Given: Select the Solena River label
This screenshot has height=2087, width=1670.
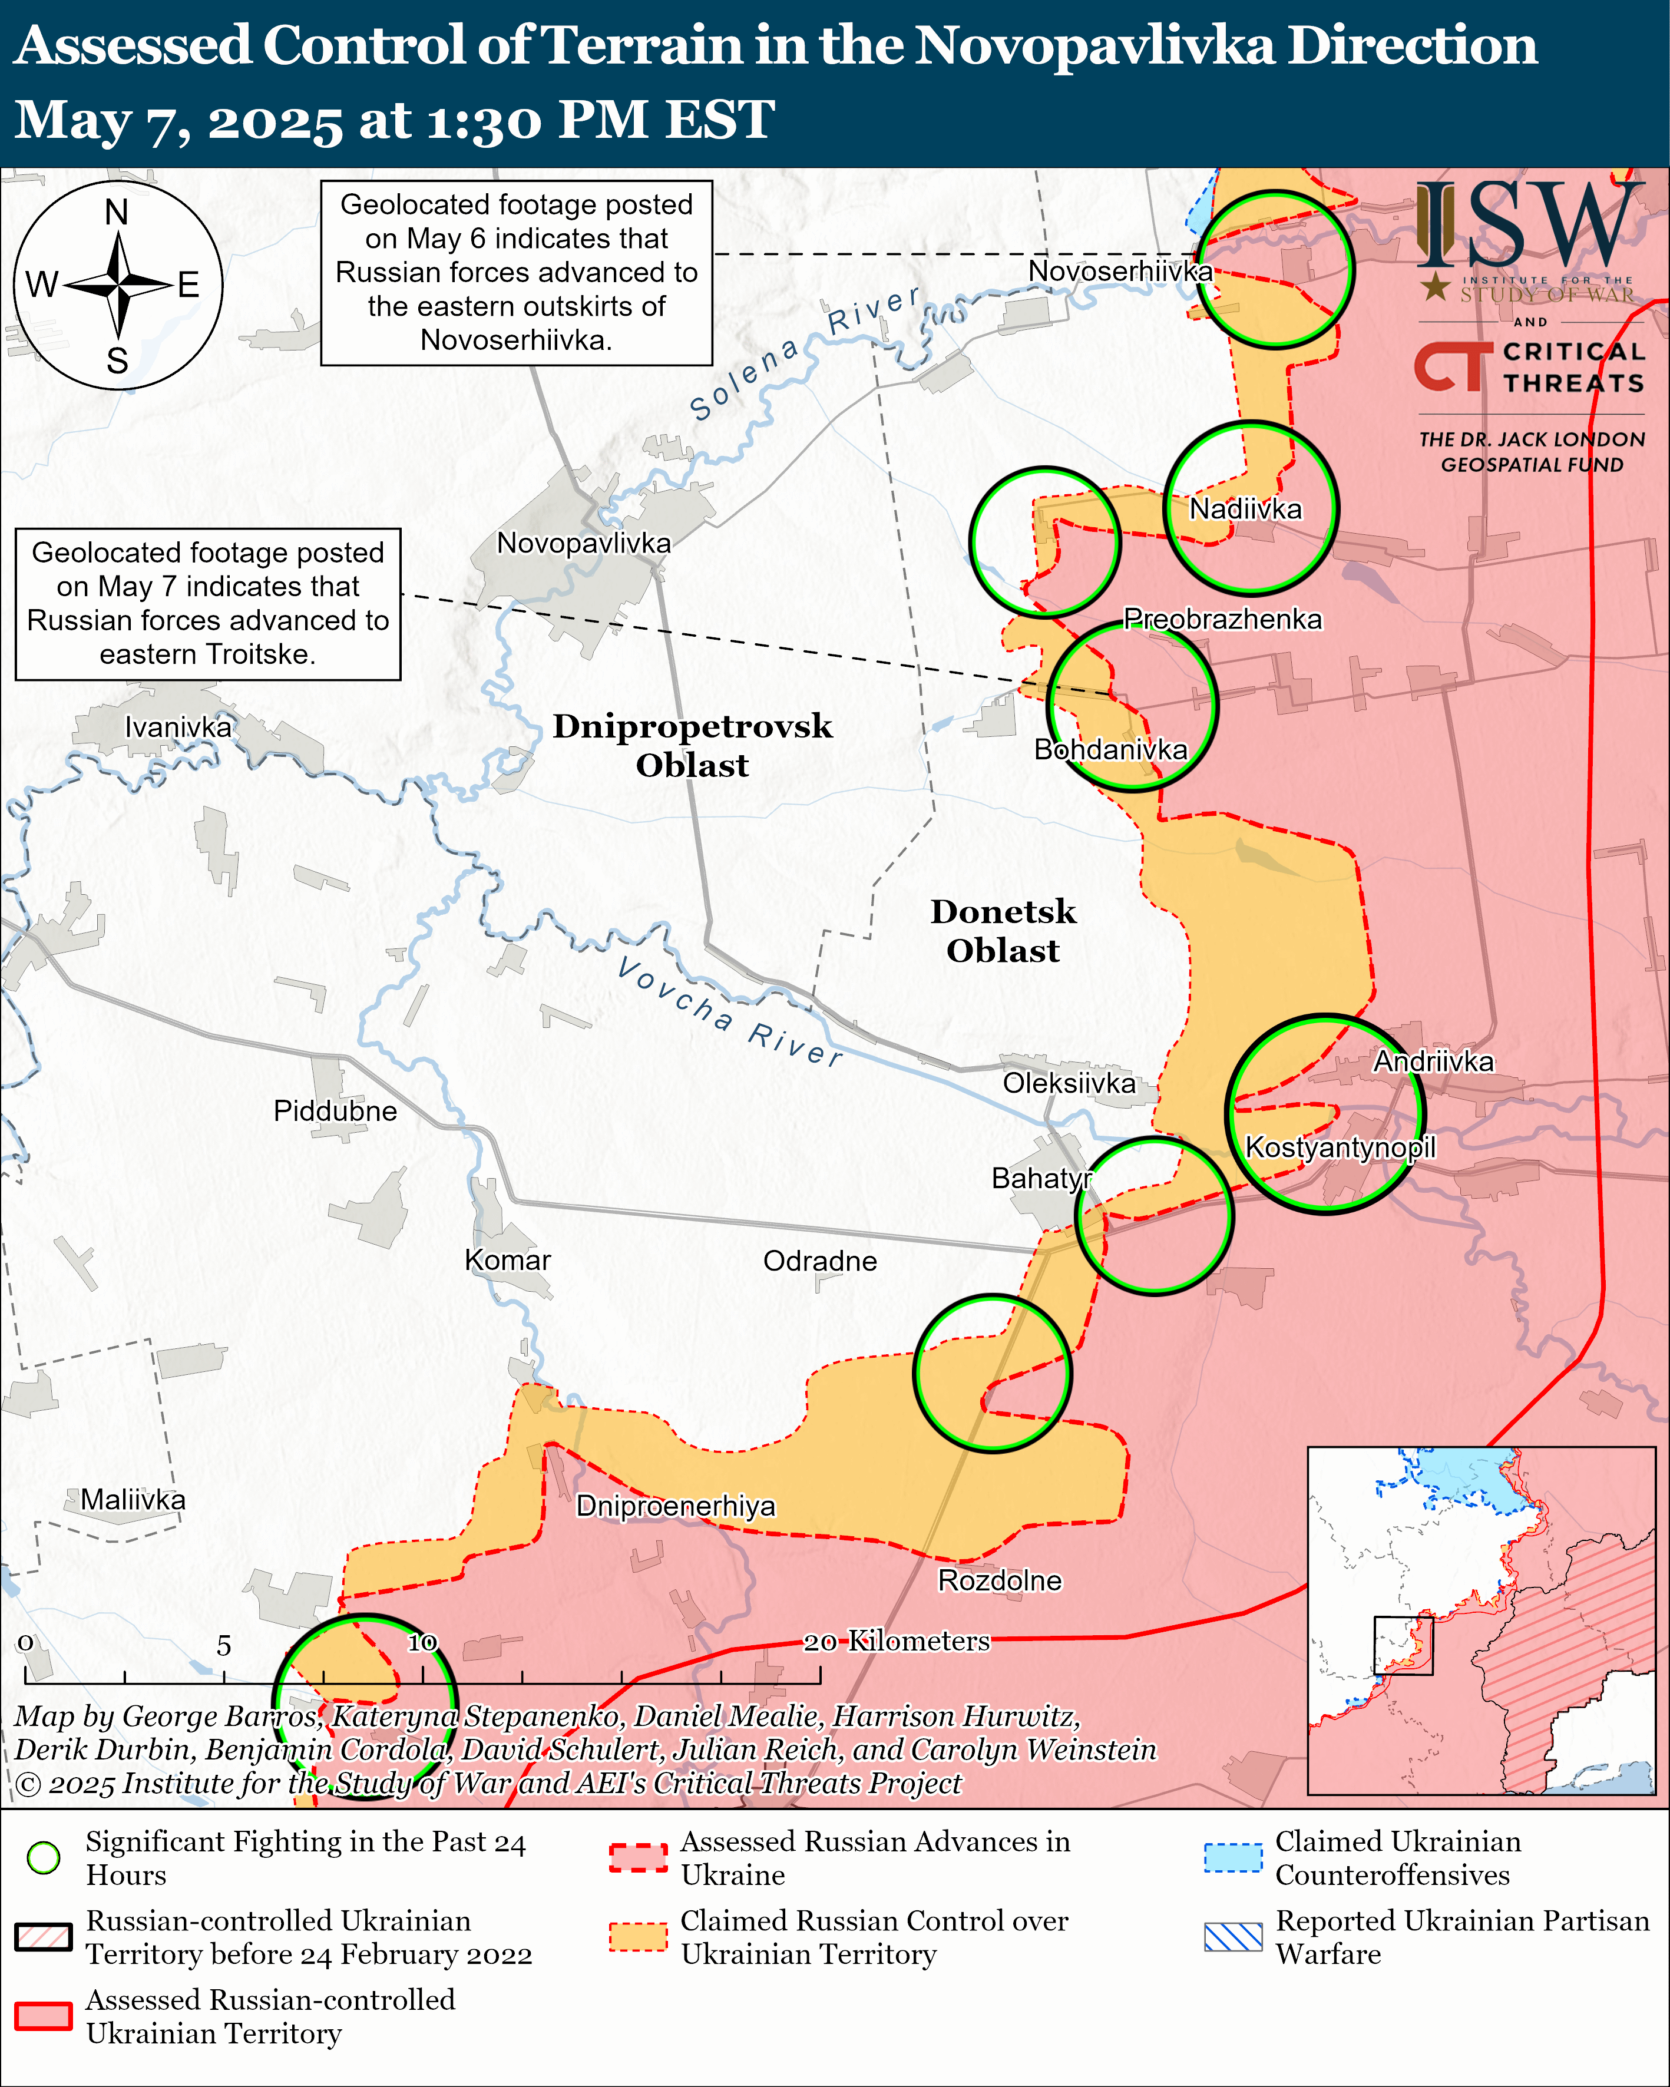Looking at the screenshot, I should [x=803, y=353].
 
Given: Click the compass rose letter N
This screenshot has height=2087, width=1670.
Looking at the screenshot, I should [x=117, y=212].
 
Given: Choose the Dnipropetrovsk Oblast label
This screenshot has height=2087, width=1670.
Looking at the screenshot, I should [x=692, y=745].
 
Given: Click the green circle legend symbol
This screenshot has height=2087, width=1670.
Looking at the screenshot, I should [x=44, y=1858].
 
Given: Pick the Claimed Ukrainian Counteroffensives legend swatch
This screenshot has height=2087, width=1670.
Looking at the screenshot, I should [x=1234, y=1858].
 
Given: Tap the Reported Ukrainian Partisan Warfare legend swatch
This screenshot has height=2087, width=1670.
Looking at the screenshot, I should [x=1234, y=1937].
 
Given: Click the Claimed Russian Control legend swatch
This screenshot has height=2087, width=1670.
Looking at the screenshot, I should [x=638, y=1937].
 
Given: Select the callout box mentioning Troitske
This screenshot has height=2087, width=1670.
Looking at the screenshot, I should [x=208, y=603].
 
